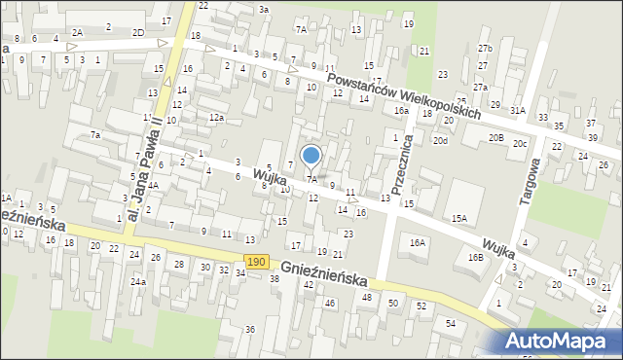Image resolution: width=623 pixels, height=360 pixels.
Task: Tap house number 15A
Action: pyautogui.click(x=458, y=219)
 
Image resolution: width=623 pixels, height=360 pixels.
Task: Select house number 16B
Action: pyautogui.click(x=475, y=258)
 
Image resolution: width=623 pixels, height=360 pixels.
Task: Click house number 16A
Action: pyautogui.click(x=418, y=242)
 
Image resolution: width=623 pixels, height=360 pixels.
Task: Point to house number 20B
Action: pyautogui.click(x=495, y=138)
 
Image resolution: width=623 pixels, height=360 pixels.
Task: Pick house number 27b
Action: pyautogui.click(x=485, y=48)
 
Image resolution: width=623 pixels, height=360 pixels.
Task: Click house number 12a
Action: pyautogui.click(x=216, y=117)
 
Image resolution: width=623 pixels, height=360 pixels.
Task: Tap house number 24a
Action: pyautogui.click(x=139, y=282)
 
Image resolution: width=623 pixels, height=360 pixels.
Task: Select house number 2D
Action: pyautogui.click(x=138, y=32)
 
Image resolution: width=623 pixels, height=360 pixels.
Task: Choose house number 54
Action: pyautogui.click(x=451, y=322)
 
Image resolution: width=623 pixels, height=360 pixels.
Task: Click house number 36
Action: pyautogui.click(x=250, y=329)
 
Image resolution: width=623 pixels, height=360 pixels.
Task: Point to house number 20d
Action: pyautogui.click(x=441, y=140)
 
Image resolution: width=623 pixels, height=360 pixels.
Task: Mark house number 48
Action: pyautogui.click(x=367, y=297)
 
